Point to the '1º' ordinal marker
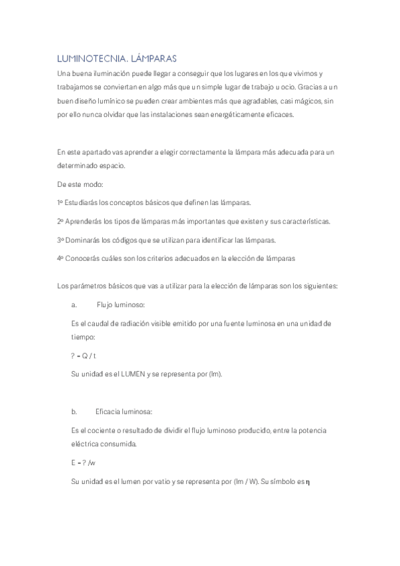point(60,202)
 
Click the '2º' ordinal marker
point(60,221)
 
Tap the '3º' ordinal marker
point(60,240)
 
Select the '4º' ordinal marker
point(60,258)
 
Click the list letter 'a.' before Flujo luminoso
point(74,305)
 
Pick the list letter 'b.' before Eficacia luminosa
point(74,412)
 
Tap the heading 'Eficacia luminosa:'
point(124,412)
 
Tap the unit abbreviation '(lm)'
point(214,374)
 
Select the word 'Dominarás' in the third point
point(81,240)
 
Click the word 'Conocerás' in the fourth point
point(82,258)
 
